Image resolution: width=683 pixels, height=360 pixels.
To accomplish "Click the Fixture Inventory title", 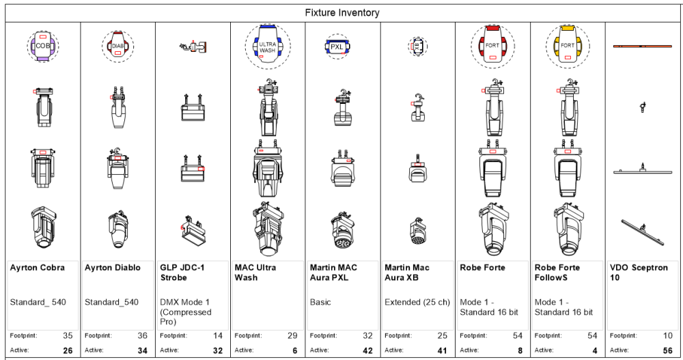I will pos(342,13).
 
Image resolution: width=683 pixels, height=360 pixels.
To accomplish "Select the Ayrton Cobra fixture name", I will pos(38,268).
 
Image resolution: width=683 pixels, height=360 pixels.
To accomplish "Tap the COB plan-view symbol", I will pos(42,46).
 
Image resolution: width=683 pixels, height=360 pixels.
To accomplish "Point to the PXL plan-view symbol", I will pos(337,46).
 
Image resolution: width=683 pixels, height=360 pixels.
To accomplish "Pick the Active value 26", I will pos(68,350).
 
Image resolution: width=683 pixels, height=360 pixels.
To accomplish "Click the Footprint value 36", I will pos(143,335).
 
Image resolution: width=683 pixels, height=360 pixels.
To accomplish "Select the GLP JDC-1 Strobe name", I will pos(184,273).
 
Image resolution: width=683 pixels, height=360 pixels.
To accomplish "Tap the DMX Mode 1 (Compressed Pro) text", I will pos(185,311).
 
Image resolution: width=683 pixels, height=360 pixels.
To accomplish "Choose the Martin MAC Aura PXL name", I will pos(333,273).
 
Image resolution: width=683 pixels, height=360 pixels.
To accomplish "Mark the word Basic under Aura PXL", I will pos(320,302).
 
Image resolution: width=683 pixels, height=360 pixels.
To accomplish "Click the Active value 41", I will pos(443,350).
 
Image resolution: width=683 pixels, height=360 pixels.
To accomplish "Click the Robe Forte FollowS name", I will pos(557,273).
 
